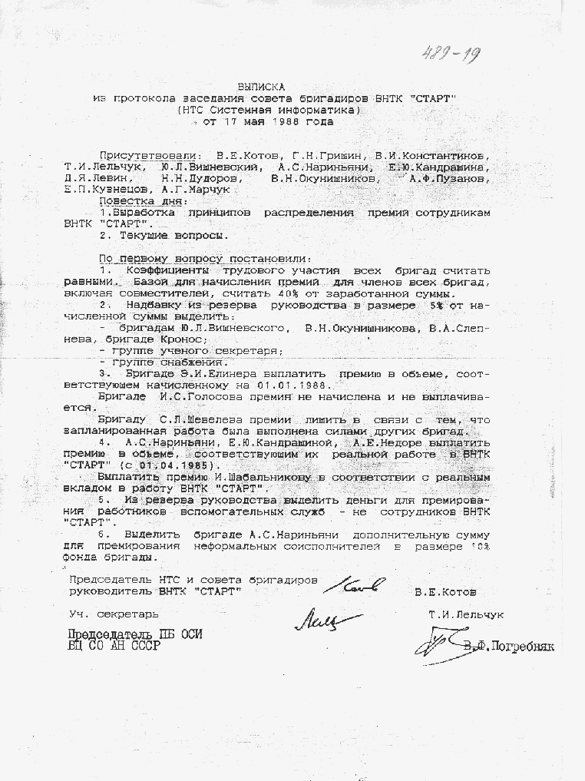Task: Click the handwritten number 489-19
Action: tap(451, 53)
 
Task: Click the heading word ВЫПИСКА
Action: tap(263, 88)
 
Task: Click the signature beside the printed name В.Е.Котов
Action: tap(353, 587)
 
